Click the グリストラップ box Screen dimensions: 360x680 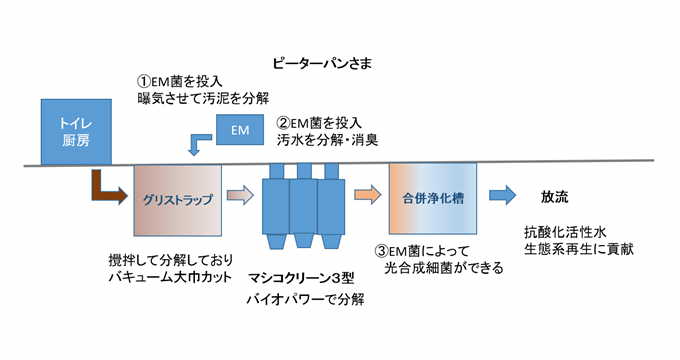[176, 199]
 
